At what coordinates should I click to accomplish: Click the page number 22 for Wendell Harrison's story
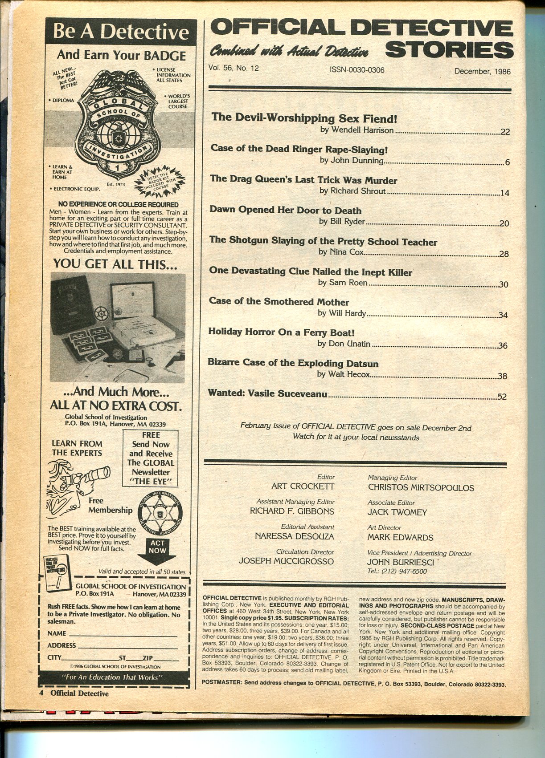[504, 132]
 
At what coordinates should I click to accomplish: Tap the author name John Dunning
[351, 161]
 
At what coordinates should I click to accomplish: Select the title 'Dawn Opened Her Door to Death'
[285, 211]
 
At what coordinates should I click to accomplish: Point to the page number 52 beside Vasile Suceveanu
[502, 397]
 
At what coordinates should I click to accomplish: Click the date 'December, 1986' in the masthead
[482, 71]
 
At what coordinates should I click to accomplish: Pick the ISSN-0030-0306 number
[357, 70]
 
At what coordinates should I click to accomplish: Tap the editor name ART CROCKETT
[303, 486]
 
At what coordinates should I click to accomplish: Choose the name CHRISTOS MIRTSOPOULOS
[421, 487]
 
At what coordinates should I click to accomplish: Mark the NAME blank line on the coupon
[122, 634]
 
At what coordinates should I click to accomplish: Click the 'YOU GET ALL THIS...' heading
[115, 263]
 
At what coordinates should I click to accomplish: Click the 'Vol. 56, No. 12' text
[233, 68]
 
